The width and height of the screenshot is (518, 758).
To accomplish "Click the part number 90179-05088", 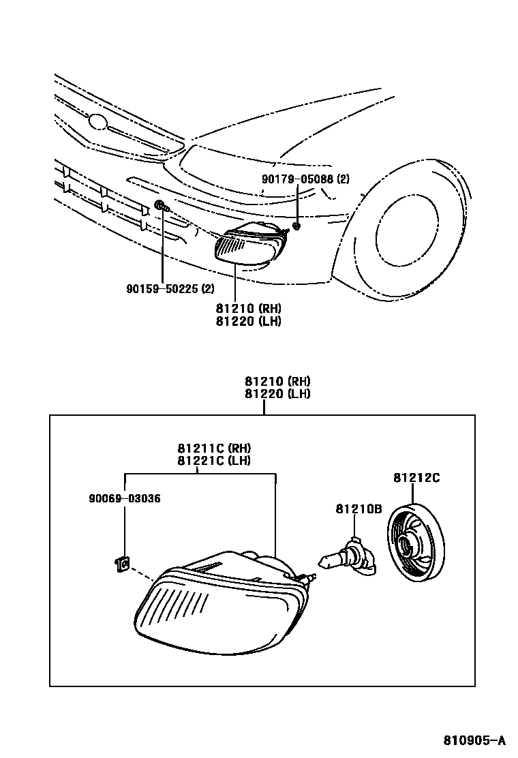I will [298, 180].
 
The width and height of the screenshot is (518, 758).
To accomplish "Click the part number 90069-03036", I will [124, 498].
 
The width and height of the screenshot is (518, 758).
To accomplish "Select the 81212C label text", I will [416, 478].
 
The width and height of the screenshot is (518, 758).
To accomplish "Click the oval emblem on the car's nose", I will [99, 123].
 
